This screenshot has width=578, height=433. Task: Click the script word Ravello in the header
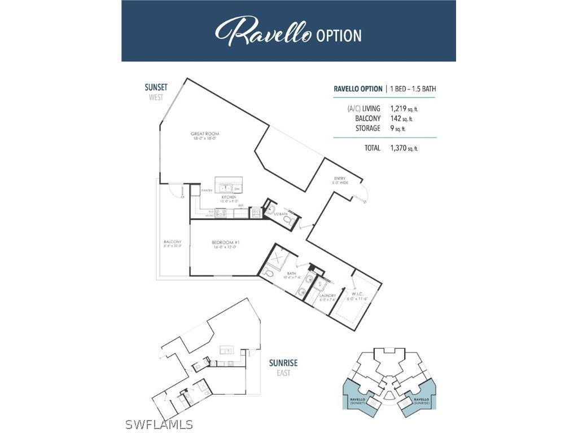pos(263,32)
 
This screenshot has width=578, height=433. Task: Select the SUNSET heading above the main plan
pos(156,87)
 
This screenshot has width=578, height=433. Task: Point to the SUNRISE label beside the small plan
pos(283,363)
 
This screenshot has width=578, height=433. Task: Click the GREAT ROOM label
pos(204,134)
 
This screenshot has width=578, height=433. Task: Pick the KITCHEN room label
pos(221,197)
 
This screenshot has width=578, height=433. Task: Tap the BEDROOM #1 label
pos(225,243)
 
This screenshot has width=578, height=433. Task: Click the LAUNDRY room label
pos(327,295)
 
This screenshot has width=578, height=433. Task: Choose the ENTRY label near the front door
pos(339,179)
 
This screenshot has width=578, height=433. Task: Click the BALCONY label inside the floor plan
pos(172,242)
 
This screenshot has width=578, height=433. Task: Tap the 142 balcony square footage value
pos(396,118)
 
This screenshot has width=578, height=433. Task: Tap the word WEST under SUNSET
pos(156,98)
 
